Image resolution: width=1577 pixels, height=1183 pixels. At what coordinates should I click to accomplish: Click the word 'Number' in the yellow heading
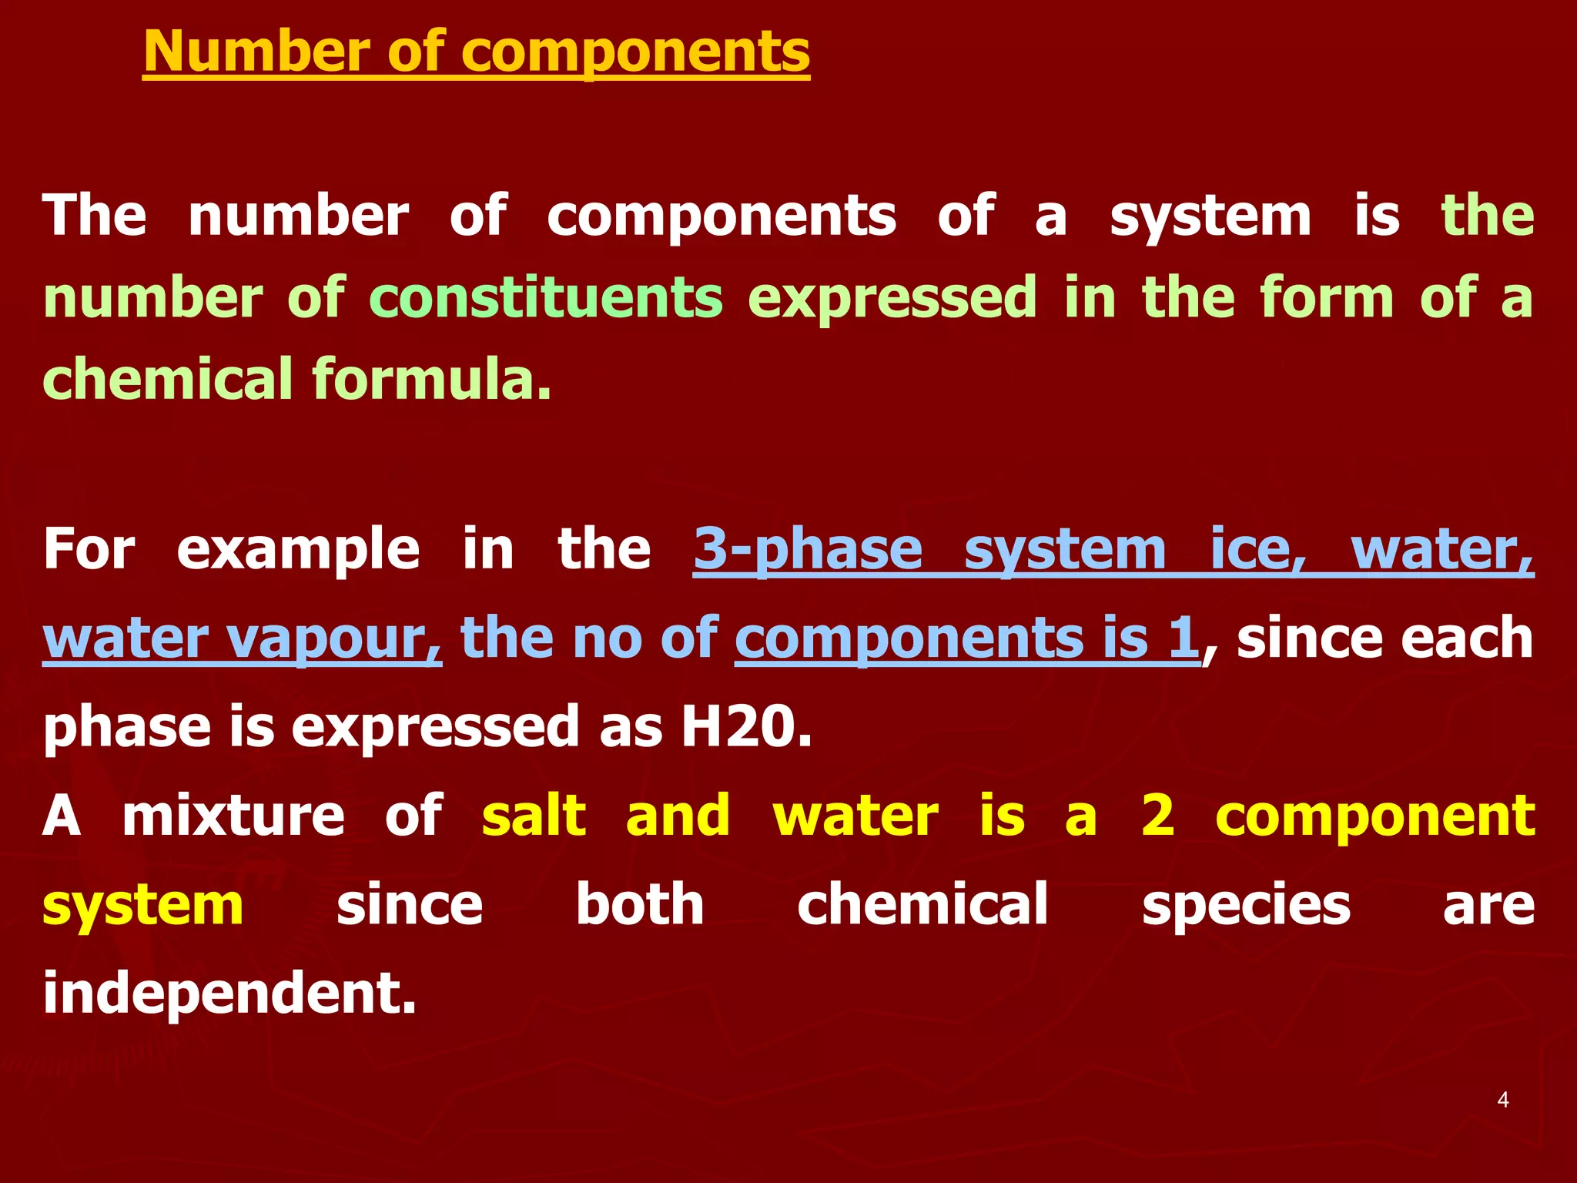(x=256, y=52)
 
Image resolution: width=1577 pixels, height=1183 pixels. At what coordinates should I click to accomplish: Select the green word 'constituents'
(x=545, y=299)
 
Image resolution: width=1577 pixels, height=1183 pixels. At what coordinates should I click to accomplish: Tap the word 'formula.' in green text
(x=432, y=380)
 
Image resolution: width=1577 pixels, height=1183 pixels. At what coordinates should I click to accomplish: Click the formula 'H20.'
(x=746, y=727)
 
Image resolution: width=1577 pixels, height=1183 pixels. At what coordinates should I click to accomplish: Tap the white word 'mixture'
(x=233, y=816)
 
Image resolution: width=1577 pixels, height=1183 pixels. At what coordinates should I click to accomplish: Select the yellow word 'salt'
(x=534, y=816)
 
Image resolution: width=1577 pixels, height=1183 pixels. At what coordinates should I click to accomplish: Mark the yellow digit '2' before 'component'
(x=1157, y=816)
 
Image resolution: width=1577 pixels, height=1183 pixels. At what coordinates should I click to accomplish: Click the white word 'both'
(x=639, y=905)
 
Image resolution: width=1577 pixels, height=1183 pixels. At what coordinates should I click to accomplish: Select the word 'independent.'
(x=229, y=994)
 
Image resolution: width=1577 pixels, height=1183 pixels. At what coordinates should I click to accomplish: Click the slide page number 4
(x=1502, y=1100)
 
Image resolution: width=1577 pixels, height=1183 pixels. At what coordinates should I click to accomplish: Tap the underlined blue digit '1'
(x=1184, y=638)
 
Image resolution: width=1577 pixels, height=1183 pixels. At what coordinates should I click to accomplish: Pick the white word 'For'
(x=89, y=550)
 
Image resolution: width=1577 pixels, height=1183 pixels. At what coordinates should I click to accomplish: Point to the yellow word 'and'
(x=678, y=816)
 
